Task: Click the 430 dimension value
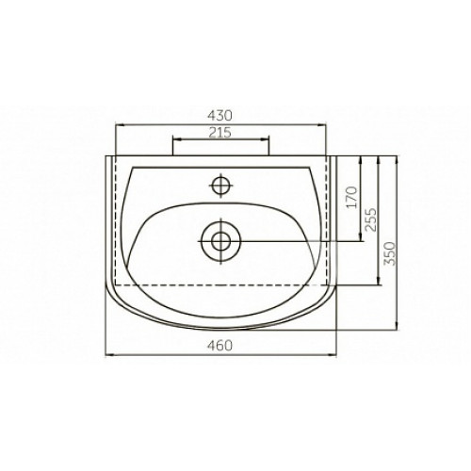click(x=219, y=116)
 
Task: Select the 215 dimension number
click(x=220, y=133)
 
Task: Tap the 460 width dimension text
click(x=219, y=346)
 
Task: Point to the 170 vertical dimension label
click(x=352, y=198)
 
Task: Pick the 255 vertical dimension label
click(x=371, y=219)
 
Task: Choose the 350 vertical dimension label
click(x=389, y=253)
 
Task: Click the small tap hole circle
click(x=221, y=186)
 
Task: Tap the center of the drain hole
click(x=221, y=241)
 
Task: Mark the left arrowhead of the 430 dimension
click(x=121, y=125)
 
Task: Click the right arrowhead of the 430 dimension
click(x=322, y=125)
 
